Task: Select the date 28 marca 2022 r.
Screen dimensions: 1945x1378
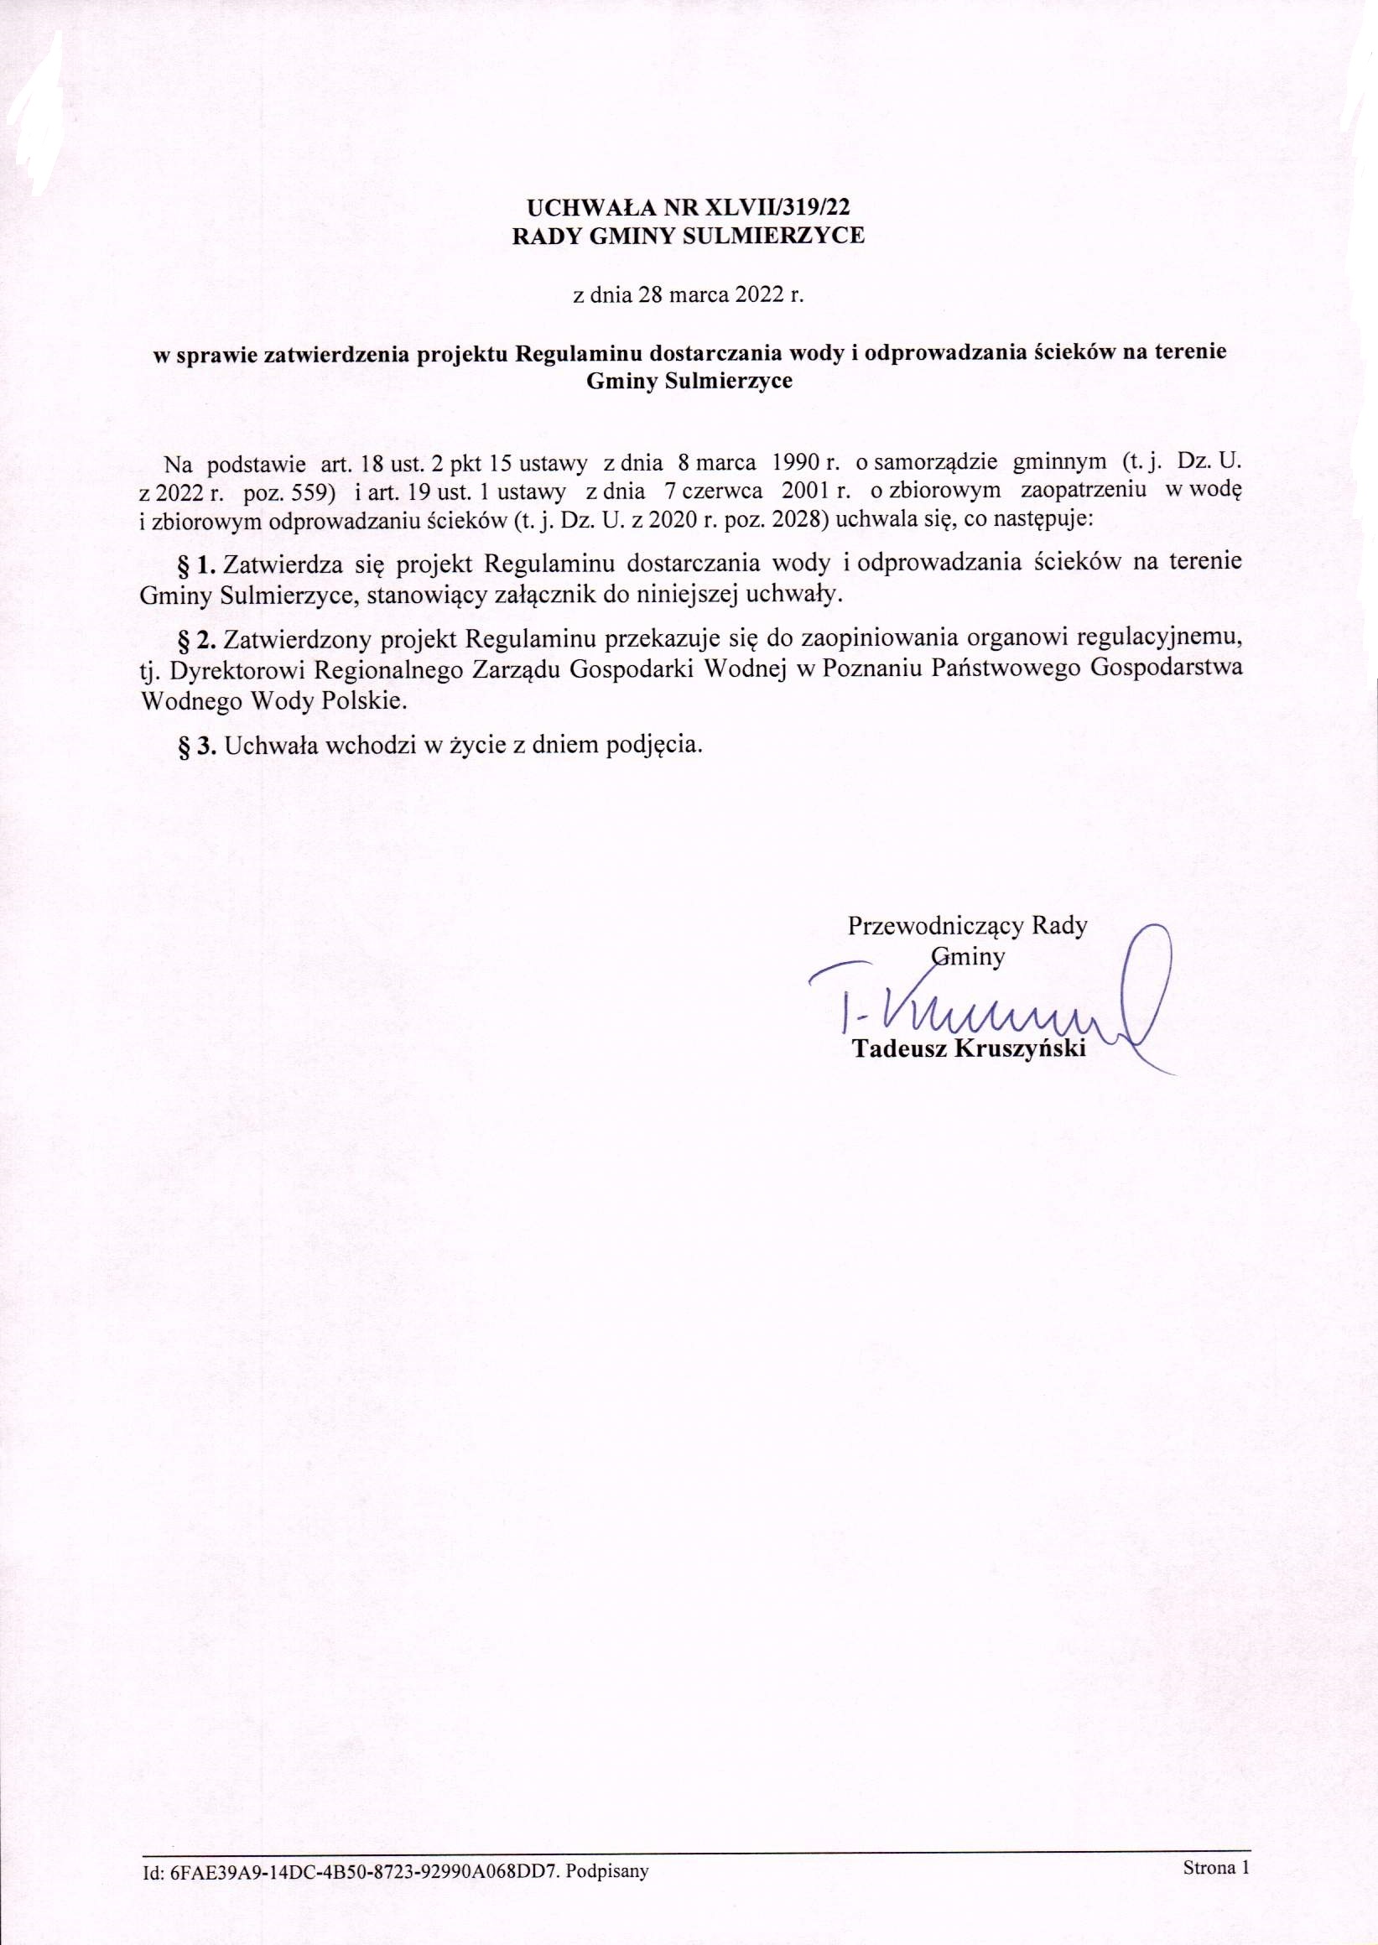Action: coord(723,296)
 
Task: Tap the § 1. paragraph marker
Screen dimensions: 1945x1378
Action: coord(198,563)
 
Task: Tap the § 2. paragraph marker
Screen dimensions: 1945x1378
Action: coord(198,636)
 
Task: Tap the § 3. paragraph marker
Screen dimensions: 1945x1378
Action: coord(198,745)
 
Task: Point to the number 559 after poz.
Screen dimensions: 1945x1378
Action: coord(310,491)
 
